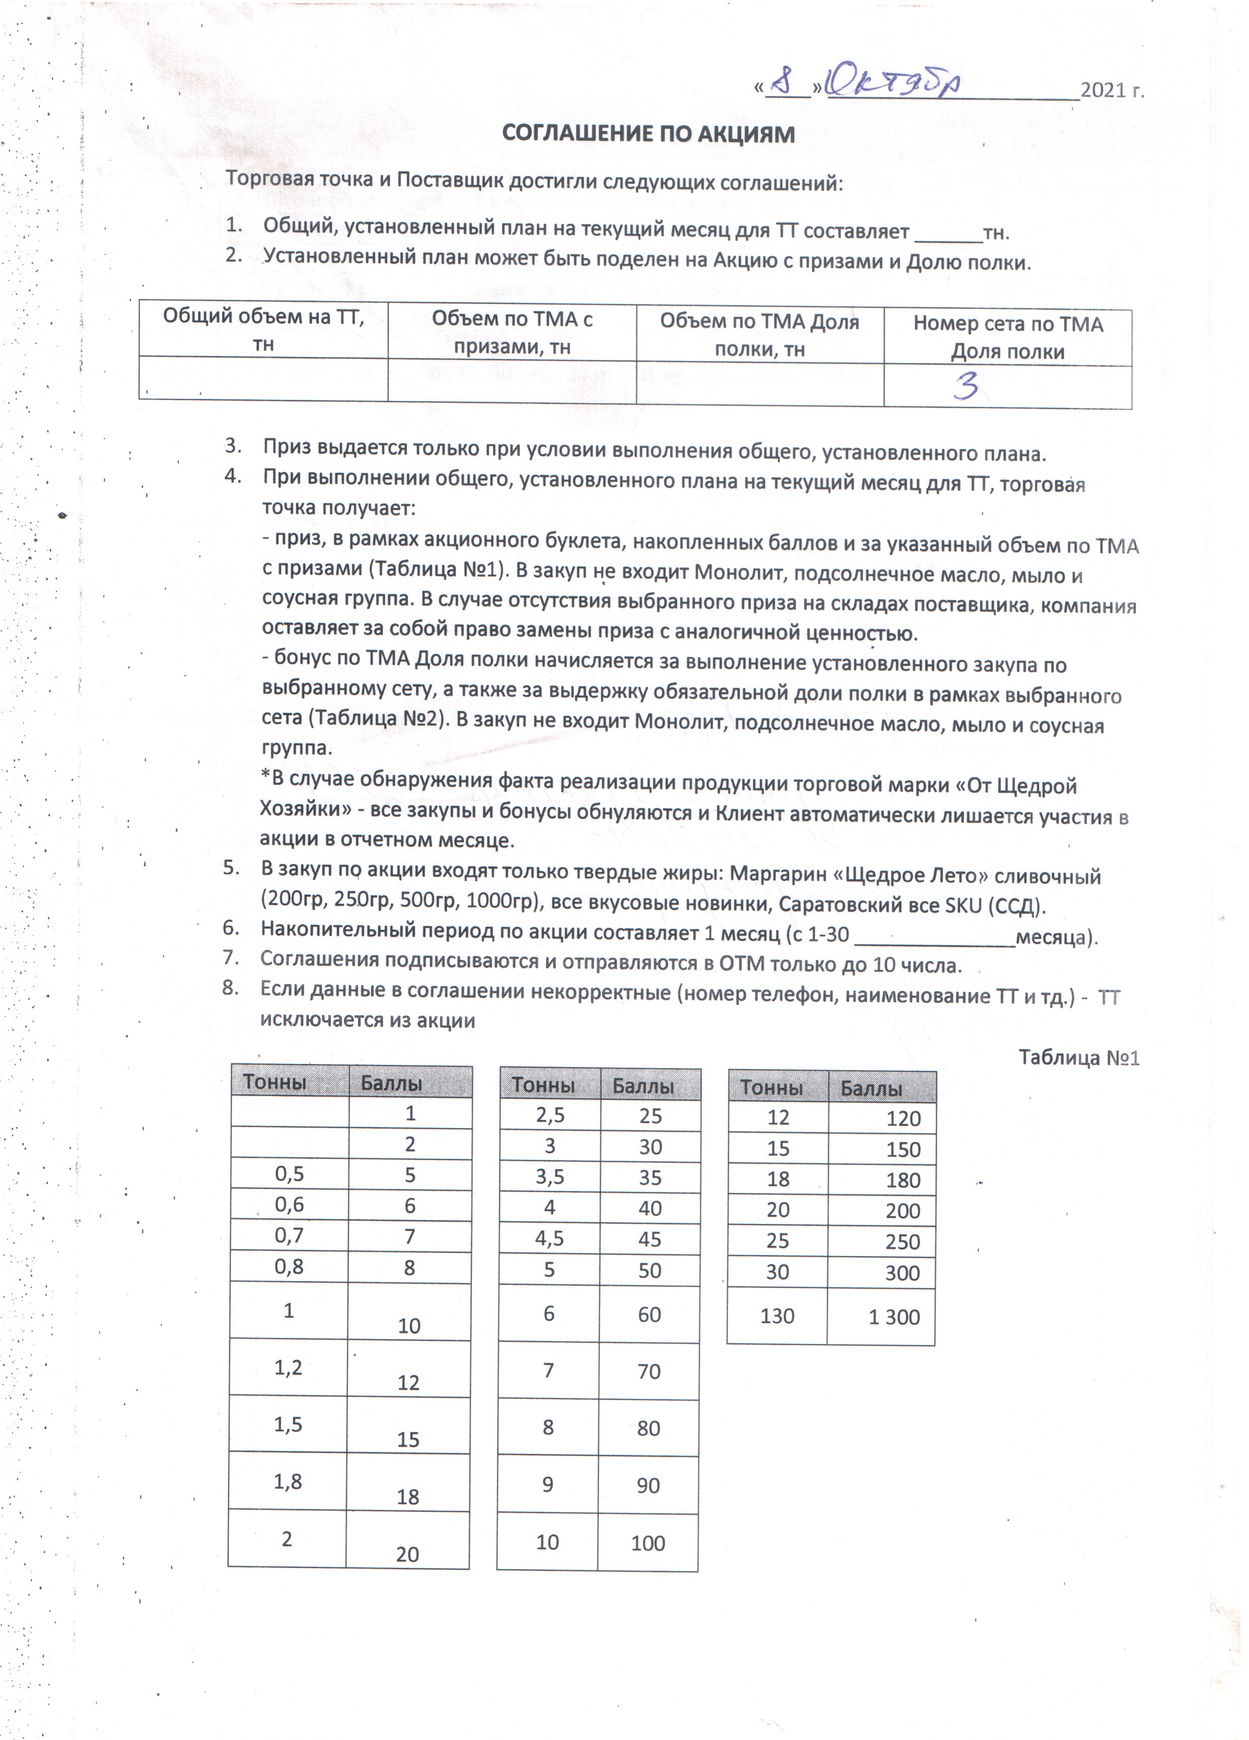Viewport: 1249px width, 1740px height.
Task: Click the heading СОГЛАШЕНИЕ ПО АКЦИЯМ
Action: click(x=648, y=134)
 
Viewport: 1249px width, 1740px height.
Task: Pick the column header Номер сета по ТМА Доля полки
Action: click(x=1007, y=337)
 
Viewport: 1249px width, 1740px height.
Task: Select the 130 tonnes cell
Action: click(x=777, y=1316)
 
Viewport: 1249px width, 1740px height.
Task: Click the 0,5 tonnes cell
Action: click(x=289, y=1174)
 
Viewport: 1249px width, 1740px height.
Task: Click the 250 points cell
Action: click(x=902, y=1242)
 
